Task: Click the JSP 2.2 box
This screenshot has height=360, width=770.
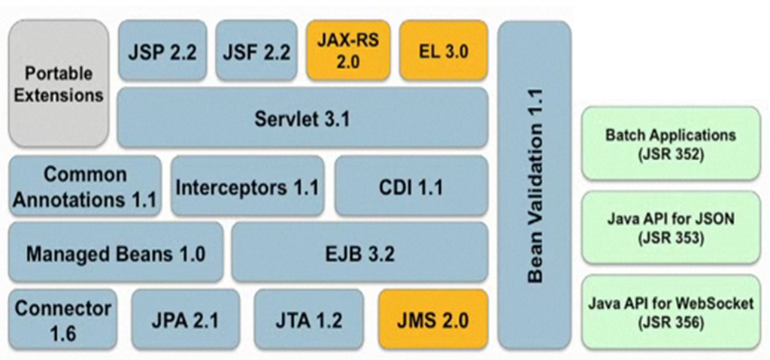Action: pyautogui.click(x=162, y=51)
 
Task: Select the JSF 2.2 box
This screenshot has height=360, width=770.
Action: pyautogui.click(x=256, y=51)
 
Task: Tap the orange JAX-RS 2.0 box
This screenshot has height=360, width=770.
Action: pyautogui.click(x=348, y=51)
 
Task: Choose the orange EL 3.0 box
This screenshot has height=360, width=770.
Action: pyautogui.click(x=443, y=51)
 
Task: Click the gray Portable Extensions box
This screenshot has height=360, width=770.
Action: pyautogui.click(x=59, y=83)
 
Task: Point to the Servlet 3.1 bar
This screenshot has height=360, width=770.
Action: pyautogui.click(x=302, y=118)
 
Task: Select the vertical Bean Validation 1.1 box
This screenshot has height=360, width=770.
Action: pyautogui.click(x=534, y=185)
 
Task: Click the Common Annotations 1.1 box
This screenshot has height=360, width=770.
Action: pyautogui.click(x=85, y=186)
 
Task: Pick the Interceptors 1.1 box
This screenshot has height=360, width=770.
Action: pyautogui.click(x=247, y=186)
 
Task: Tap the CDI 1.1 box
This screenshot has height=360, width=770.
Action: pyautogui.click(x=411, y=186)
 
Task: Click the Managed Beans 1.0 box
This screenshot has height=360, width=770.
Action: pyautogui.click(x=116, y=253)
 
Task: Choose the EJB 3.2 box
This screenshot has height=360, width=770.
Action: pyautogui.click(x=359, y=253)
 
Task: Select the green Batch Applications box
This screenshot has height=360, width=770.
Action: pyautogui.click(x=671, y=144)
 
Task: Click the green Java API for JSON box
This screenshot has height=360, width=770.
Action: pyautogui.click(x=671, y=228)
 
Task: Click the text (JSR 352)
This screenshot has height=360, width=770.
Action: pyautogui.click(x=671, y=154)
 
